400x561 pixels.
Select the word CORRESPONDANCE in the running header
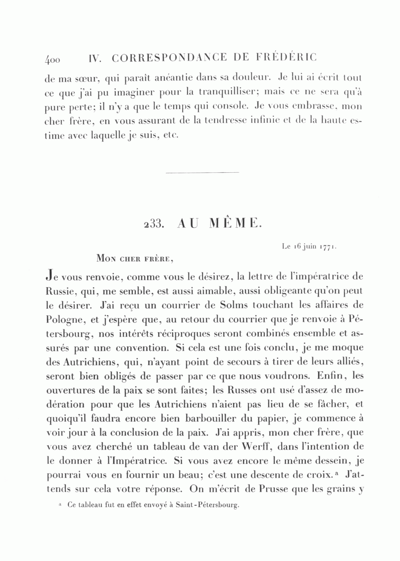tap(169, 58)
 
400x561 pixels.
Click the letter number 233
tap(155, 224)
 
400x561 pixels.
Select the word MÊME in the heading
tap(236, 223)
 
